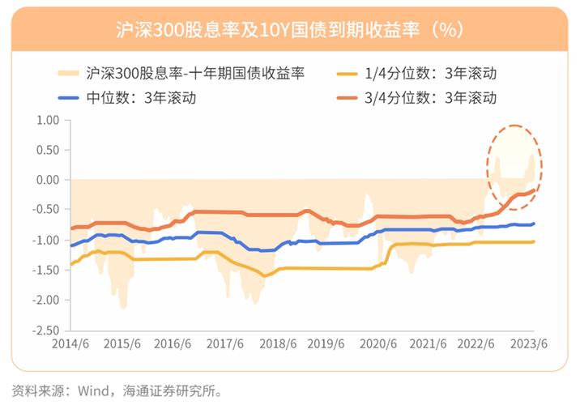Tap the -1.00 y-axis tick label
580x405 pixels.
pyautogui.click(x=47, y=240)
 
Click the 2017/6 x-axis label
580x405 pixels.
pyautogui.click(x=226, y=343)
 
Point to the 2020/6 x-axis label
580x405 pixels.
pyautogui.click(x=381, y=343)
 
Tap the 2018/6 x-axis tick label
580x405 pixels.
pyautogui.click(x=278, y=343)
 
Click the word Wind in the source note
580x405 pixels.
pyautogui.click(x=94, y=387)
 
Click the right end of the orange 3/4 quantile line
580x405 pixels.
pyautogui.click(x=533, y=190)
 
